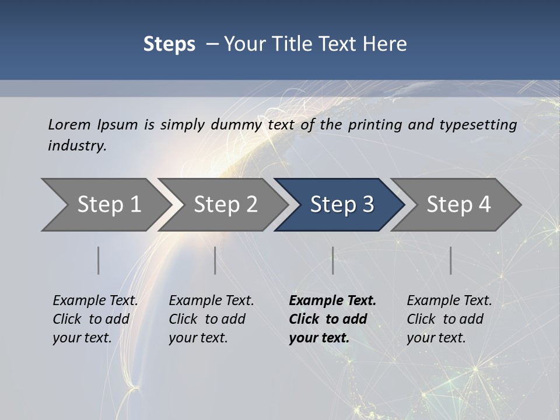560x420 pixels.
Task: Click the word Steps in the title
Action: [169, 44]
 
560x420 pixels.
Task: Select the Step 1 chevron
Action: [105, 205]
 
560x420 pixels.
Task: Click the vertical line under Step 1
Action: [99, 260]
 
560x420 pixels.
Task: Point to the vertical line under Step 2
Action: [215, 260]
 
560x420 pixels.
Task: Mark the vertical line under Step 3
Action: [333, 260]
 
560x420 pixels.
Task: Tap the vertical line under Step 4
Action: [451, 260]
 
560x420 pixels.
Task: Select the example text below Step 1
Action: [95, 318]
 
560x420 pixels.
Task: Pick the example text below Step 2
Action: [211, 318]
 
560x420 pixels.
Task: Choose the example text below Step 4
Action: [449, 318]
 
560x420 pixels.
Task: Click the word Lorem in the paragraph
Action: [69, 125]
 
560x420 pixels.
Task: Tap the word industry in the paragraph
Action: [77, 146]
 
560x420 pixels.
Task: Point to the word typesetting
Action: [478, 125]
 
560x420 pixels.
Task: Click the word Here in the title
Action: [384, 44]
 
